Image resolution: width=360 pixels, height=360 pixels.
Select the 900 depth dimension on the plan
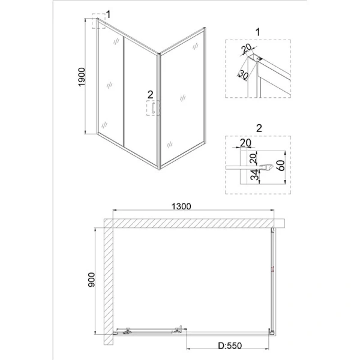tap(90, 281)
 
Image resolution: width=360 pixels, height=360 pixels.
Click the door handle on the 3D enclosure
tap(154, 109)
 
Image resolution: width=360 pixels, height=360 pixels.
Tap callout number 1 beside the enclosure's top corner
tap(108, 14)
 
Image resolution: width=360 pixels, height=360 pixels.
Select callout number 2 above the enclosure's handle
tap(151, 94)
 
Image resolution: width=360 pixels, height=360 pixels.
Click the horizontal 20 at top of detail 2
tap(245, 143)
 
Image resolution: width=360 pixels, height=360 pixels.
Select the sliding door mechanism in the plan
tap(150, 331)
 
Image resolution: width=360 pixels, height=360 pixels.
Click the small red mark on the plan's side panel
tap(271, 269)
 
